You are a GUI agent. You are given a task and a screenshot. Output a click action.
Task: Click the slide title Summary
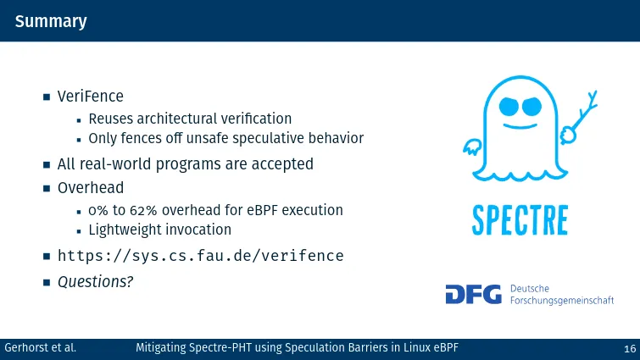pos(51,22)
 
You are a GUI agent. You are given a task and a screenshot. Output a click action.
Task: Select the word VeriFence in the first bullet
pos(90,97)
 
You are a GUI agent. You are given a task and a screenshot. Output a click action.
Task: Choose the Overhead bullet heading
pos(90,188)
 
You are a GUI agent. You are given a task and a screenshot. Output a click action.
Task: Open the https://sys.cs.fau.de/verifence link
pos(200,256)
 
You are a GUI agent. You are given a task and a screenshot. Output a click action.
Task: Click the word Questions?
pos(96,282)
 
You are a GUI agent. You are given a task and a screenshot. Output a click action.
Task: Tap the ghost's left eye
pos(509,107)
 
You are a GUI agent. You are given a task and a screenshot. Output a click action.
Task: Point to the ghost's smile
pos(520,126)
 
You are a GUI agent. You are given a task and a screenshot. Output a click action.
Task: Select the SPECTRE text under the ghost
pos(520,220)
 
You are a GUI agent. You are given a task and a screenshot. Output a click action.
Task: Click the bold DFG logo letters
pos(474,295)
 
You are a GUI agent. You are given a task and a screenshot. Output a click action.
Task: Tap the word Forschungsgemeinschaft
pos(562,301)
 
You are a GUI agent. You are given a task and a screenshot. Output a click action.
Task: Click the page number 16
pos(630,349)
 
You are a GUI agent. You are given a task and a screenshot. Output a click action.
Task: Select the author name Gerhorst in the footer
pos(26,348)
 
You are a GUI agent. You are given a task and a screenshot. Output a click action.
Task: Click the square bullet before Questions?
pos(47,282)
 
